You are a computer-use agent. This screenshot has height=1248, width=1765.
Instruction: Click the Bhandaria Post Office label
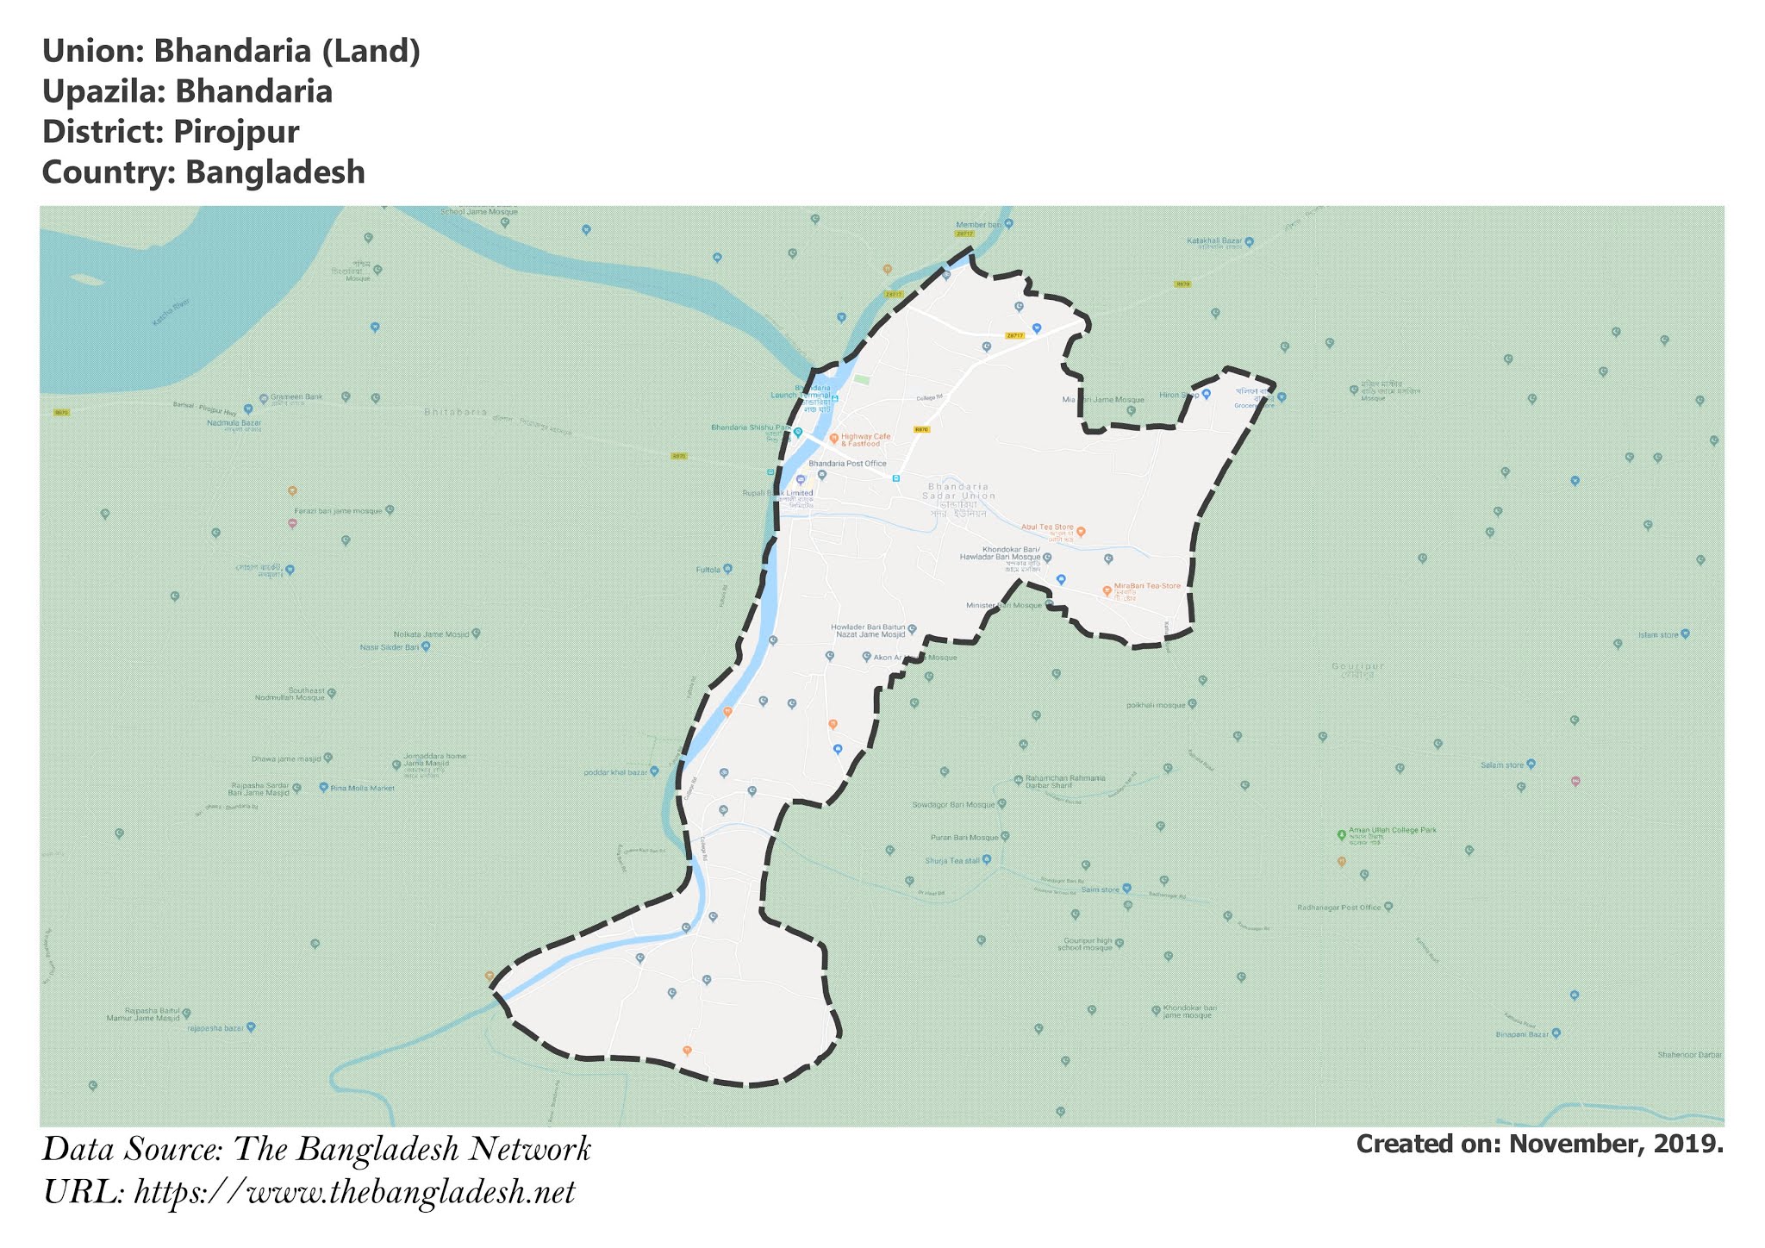[847, 464]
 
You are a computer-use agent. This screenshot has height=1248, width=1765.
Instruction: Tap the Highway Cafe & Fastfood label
[865, 440]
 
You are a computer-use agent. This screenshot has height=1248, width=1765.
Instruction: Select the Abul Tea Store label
[1047, 527]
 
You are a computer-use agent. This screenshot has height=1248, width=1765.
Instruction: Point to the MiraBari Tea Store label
[1147, 587]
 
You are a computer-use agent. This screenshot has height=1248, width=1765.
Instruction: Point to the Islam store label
[1658, 635]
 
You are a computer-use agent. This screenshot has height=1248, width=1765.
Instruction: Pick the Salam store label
[1502, 765]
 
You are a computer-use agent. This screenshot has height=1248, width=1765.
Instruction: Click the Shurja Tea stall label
[952, 861]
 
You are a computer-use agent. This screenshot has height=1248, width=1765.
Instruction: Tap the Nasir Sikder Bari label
[389, 646]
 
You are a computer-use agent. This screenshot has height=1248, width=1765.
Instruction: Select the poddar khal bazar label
[615, 772]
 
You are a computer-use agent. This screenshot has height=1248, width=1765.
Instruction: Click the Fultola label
[708, 570]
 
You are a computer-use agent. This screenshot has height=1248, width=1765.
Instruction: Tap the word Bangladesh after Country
[275, 172]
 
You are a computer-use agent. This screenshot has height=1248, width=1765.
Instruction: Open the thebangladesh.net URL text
[354, 1193]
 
